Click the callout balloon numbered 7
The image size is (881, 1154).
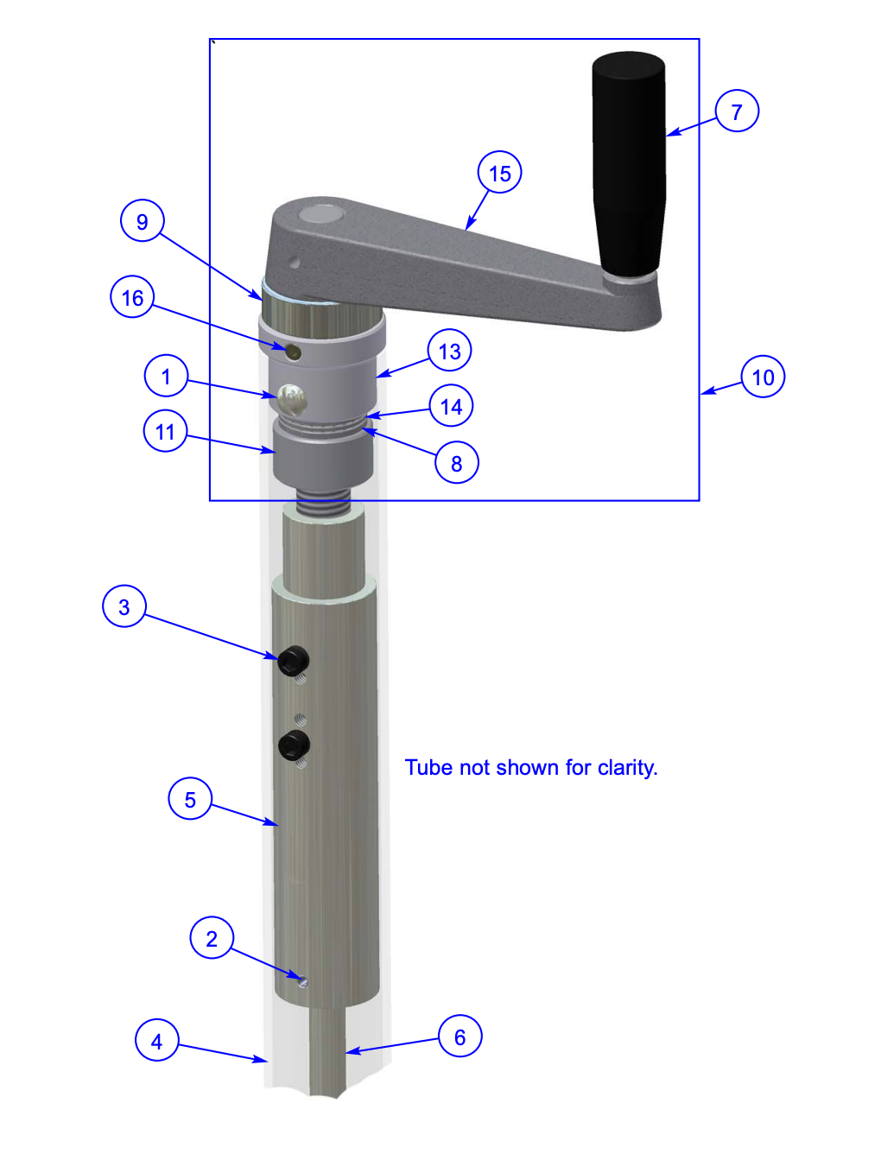coord(737,111)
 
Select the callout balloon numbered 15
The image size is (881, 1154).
coord(499,174)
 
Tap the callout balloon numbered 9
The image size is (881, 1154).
coord(142,221)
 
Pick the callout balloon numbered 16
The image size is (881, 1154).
coord(132,297)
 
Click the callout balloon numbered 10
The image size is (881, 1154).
coord(763,377)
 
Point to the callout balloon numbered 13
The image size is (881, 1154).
coord(449,351)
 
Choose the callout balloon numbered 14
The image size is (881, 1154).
coord(451,406)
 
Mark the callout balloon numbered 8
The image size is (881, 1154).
coord(456,463)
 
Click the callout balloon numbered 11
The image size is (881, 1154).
coord(165,431)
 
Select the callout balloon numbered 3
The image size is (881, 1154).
coord(124,606)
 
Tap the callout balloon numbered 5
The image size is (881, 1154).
coord(190,799)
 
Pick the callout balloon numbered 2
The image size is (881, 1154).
coord(212,938)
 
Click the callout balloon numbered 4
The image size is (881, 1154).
coord(156,1041)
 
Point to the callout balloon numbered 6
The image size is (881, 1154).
coord(460,1037)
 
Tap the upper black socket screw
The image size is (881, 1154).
coord(294,662)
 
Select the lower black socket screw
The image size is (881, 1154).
coord(295,745)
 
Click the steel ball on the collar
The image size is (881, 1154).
coord(291,399)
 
